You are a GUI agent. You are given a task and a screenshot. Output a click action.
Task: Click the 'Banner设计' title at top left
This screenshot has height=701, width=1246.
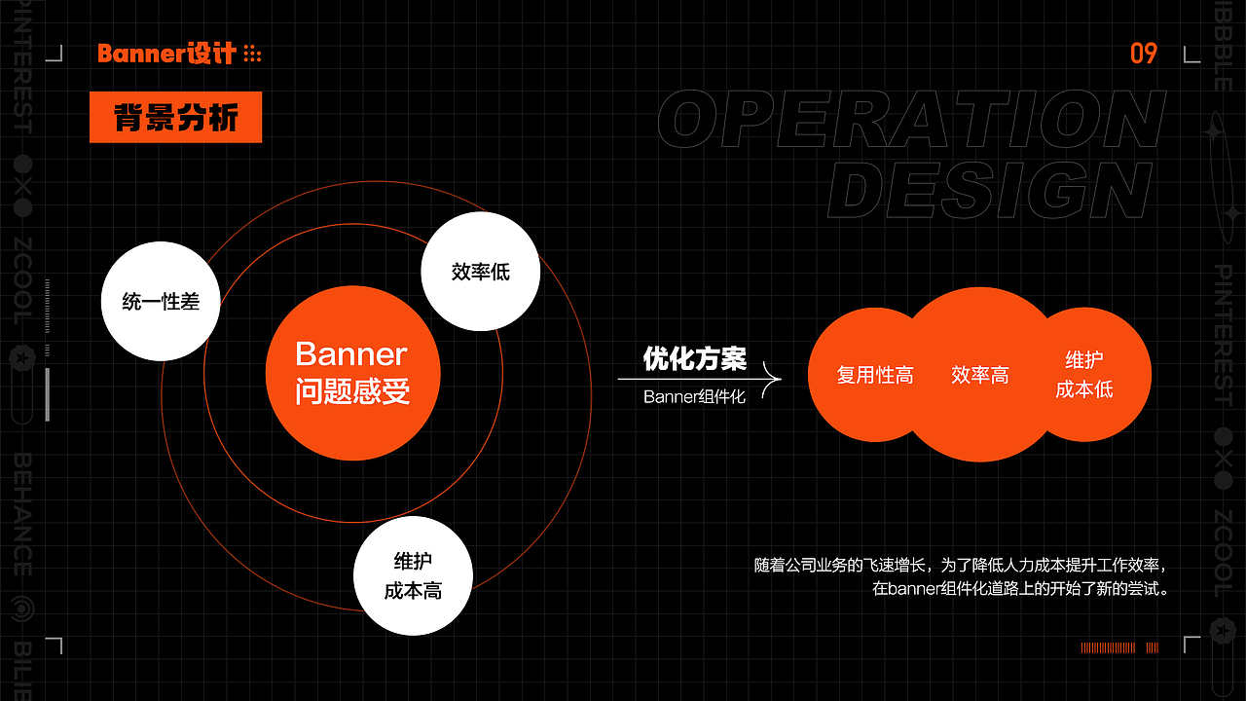[166, 54]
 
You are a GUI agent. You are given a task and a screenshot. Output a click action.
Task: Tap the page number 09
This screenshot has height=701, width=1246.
[1144, 54]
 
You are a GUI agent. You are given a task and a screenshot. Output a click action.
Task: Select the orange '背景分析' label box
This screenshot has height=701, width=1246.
[175, 118]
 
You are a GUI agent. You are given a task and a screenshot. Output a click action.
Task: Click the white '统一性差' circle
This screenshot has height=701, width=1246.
[161, 302]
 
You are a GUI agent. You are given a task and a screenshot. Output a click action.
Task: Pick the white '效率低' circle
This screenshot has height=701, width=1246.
[481, 272]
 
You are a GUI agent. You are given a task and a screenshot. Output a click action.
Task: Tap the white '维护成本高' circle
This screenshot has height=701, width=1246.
[413, 576]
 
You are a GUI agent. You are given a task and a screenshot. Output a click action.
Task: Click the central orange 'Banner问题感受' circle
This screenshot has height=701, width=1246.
[352, 372]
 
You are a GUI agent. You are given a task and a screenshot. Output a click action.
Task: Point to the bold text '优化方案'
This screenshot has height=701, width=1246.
[694, 358]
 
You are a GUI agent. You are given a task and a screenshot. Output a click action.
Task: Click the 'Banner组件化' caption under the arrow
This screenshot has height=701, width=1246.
[694, 396]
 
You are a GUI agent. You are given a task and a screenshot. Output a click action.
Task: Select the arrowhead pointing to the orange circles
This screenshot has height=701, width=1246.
[775, 378]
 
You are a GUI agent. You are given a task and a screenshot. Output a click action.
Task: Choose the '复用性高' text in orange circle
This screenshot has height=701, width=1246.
[875, 375]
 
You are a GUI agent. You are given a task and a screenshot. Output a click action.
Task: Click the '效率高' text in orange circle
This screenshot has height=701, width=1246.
[980, 375]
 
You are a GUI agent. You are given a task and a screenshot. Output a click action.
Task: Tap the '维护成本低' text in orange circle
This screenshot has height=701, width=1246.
[1084, 375]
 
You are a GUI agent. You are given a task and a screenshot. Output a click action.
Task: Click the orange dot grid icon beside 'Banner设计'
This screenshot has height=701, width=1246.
[252, 54]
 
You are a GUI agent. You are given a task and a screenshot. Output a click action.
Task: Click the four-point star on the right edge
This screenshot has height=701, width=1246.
[1216, 130]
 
